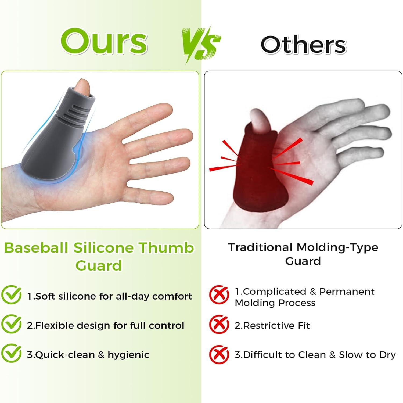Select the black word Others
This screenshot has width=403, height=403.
click(303, 45)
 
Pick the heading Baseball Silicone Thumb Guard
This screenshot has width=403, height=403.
click(99, 256)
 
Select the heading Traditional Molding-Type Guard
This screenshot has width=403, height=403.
click(303, 254)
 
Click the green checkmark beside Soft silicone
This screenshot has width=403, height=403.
click(11, 295)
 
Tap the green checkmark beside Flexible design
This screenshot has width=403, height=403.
click(11, 324)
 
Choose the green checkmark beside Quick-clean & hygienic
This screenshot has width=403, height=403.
click(11, 353)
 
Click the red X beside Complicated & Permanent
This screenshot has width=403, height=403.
click(219, 295)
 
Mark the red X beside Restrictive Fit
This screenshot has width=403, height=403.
click(219, 325)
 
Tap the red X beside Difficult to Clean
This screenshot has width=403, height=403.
click(219, 354)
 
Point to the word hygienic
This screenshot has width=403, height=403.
click(128, 355)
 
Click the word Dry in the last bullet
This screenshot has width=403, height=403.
click(387, 355)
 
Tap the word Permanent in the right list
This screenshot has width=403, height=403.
click(347, 292)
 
